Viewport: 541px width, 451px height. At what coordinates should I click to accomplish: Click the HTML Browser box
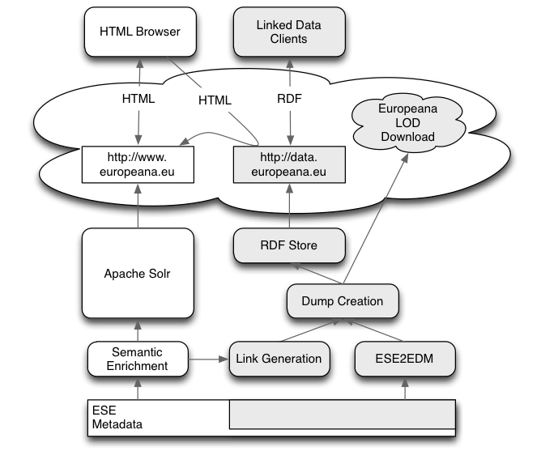point(138,32)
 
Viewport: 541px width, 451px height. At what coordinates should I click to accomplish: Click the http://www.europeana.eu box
point(138,163)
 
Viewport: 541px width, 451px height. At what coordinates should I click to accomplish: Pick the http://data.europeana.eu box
point(290,163)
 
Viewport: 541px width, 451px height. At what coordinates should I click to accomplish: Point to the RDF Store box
point(290,245)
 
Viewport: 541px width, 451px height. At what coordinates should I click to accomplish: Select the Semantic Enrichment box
point(137,359)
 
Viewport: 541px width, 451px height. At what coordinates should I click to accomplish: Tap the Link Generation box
point(279,359)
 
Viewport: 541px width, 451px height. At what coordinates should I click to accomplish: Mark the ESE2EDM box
point(403,359)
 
